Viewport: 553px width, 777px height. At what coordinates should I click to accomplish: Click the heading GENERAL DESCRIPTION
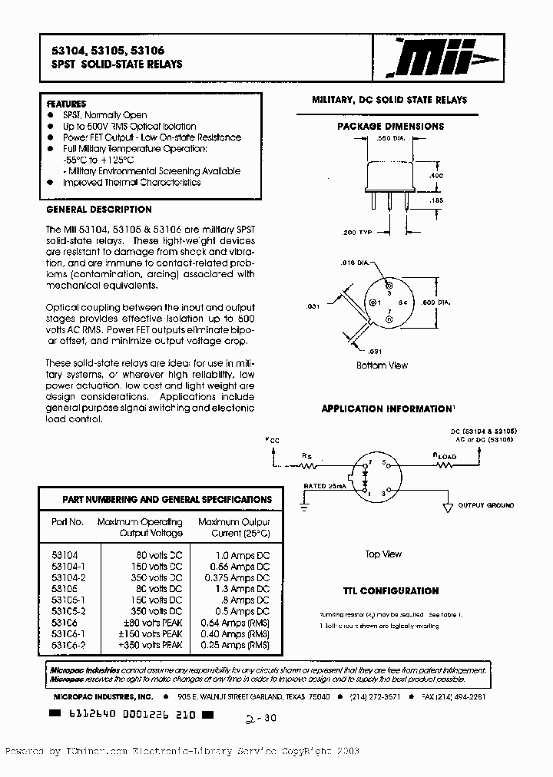coord(99,210)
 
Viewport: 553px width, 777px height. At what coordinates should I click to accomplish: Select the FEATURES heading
coord(67,104)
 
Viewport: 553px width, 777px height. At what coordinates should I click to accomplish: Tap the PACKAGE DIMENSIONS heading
coord(390,126)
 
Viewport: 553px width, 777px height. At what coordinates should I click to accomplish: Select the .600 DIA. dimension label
coord(436,303)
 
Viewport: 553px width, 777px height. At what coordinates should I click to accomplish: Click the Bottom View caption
coord(382,365)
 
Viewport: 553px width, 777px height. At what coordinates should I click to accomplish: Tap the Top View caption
coord(383,554)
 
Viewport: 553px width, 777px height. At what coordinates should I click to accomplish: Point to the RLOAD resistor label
coord(445,455)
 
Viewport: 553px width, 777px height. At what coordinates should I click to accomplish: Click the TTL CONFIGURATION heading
coord(390,591)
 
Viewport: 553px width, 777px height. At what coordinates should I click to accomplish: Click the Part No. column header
coord(68,522)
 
